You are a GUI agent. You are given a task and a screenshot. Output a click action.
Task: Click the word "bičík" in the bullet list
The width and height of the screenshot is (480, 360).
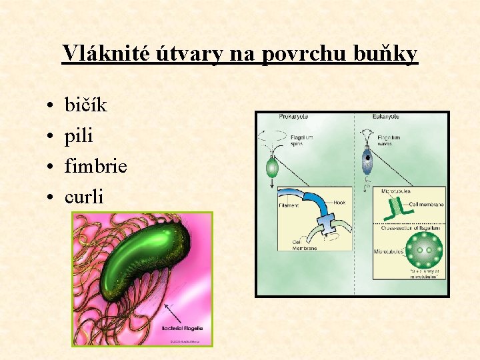point(85,105)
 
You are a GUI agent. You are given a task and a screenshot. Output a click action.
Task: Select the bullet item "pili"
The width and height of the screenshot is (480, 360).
point(79,136)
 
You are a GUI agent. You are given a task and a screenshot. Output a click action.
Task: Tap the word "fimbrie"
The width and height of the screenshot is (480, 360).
point(95,166)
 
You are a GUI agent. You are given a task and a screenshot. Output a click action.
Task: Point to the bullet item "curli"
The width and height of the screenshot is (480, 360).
point(83,197)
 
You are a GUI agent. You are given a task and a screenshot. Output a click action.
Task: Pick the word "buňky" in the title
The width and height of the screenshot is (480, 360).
point(387,53)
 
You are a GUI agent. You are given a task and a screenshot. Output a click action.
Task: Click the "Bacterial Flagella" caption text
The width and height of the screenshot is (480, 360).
point(186,328)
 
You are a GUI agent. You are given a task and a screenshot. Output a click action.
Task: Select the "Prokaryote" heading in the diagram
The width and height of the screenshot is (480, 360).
point(293,116)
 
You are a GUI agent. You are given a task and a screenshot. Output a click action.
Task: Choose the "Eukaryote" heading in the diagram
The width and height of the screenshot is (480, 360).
point(386,116)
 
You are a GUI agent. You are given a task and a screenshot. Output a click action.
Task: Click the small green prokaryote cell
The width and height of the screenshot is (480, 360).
point(272,167)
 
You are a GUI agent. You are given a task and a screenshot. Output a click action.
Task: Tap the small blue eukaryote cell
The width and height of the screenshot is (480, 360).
point(367,161)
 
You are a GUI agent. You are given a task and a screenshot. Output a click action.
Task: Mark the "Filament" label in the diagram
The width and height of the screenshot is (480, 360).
point(289,205)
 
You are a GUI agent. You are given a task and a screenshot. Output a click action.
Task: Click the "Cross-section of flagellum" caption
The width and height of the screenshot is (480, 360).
point(411,229)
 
